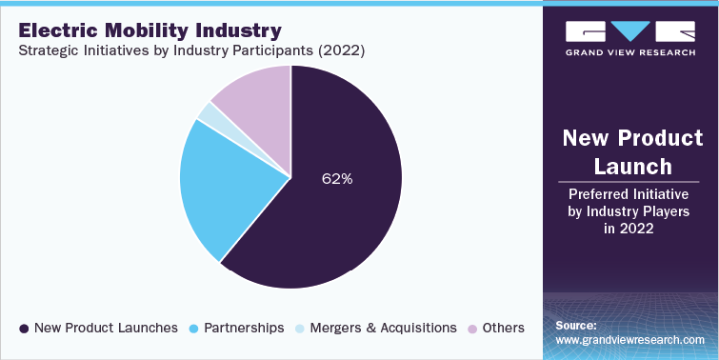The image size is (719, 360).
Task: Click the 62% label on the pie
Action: tap(336, 177)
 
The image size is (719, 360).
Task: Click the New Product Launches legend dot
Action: tap(23, 328)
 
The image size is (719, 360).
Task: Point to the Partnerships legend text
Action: tap(245, 328)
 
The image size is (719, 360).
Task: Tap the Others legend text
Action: tap(504, 328)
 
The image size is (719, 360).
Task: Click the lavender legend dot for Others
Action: tap(472, 328)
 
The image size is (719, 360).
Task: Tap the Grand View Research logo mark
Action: tap(629, 31)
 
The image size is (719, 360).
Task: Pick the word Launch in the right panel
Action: tap(629, 167)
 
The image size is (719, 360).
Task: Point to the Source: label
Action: tap(576, 324)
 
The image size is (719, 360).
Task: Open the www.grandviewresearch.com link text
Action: tap(630, 339)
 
